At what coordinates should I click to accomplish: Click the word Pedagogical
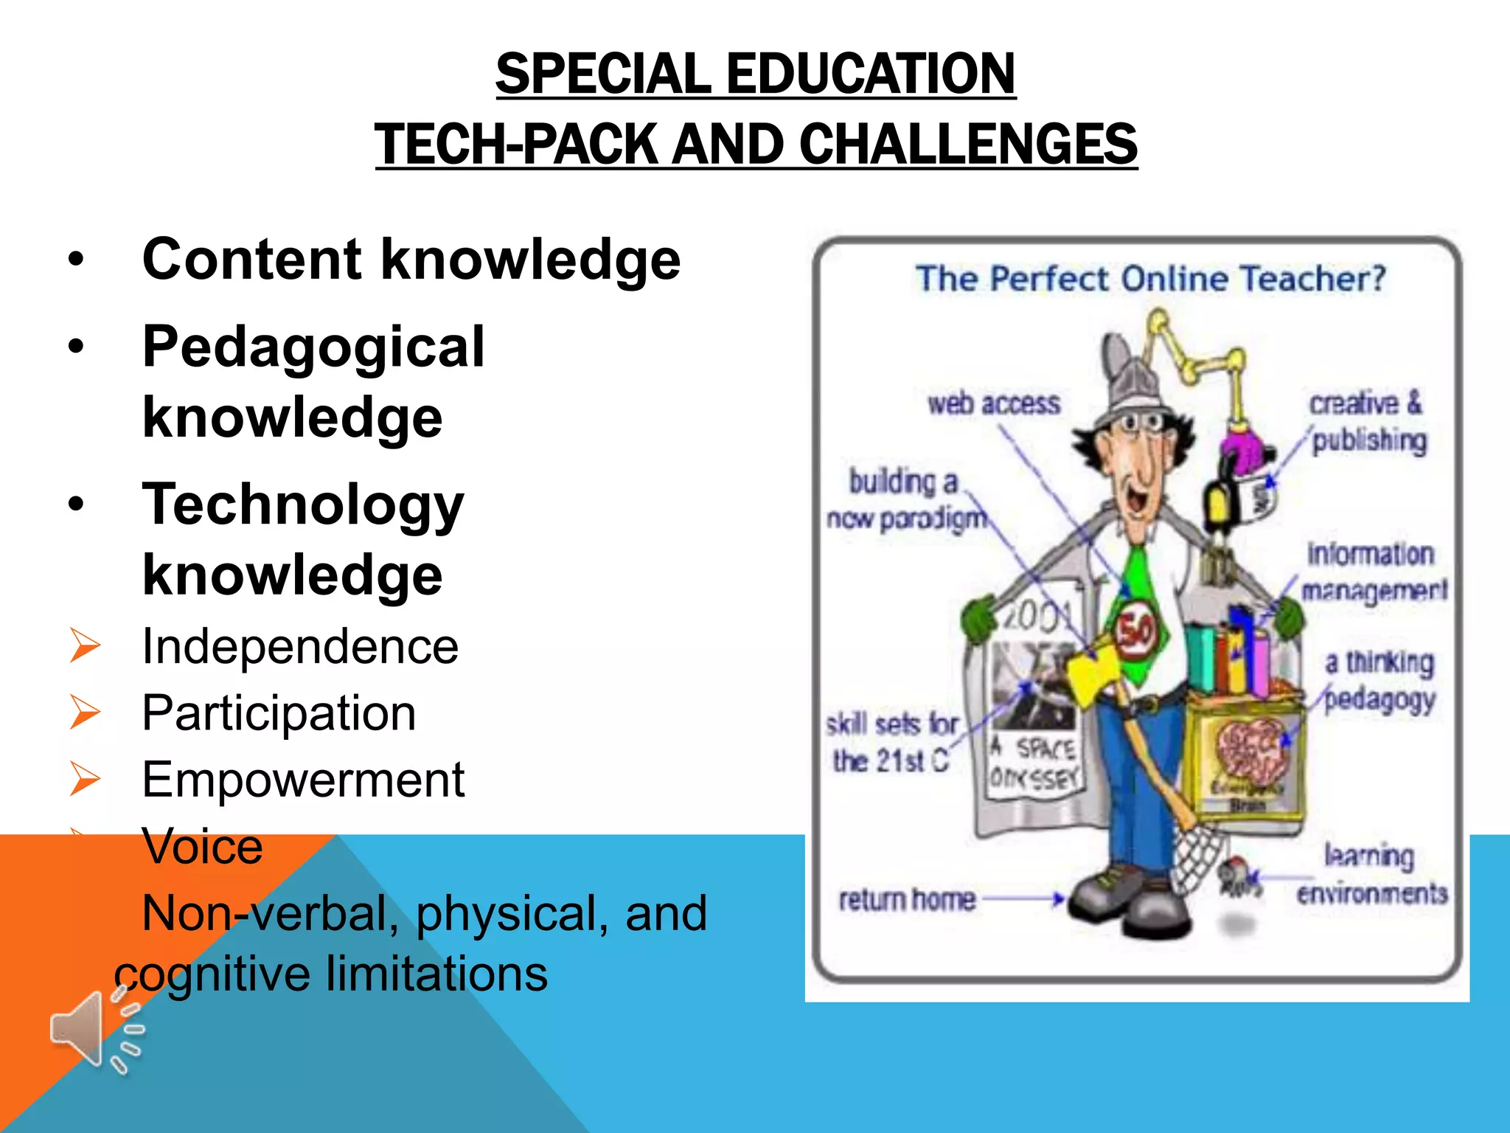313,347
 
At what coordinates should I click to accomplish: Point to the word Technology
303,505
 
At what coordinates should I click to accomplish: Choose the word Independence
300,646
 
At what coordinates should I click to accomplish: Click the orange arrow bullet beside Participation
85,712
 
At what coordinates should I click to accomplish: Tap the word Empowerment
303,780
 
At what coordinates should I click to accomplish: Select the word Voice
202,846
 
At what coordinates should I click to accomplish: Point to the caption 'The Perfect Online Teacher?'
1150,279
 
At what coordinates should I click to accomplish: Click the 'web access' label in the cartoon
994,403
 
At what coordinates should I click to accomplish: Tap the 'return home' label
907,899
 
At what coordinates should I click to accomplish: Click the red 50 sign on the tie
1135,631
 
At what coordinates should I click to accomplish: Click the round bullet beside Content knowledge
76,260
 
